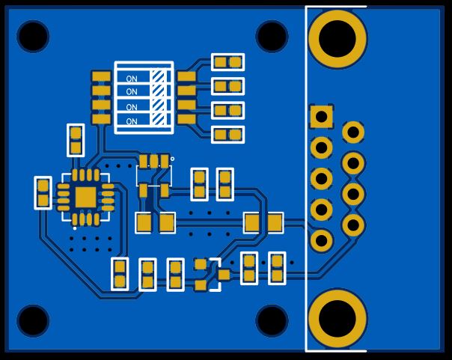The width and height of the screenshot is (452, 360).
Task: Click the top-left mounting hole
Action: (x=33, y=37)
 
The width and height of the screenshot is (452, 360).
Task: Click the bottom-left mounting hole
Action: (x=33, y=320)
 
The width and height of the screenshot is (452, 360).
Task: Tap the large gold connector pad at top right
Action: (x=338, y=39)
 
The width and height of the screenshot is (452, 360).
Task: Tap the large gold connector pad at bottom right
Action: (x=338, y=319)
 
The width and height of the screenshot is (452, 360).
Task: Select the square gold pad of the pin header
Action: (x=322, y=117)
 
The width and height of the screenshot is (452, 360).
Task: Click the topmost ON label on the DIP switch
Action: (x=132, y=79)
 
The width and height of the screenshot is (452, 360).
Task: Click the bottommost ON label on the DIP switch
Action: (x=132, y=121)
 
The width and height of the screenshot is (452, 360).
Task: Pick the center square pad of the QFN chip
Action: (x=85, y=197)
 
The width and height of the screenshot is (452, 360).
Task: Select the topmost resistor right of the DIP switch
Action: (x=228, y=62)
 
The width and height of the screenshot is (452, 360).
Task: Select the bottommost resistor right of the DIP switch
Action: (x=228, y=135)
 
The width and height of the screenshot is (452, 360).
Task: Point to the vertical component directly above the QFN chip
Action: (x=76, y=141)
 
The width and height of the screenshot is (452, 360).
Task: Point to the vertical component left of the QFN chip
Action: (x=43, y=193)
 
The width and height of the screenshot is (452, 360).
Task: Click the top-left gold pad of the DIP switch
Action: (x=101, y=76)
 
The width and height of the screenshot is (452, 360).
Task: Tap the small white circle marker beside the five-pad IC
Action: (x=172, y=159)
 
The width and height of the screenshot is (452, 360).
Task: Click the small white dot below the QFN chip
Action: (x=75, y=228)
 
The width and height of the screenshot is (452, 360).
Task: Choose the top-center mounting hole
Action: (x=272, y=37)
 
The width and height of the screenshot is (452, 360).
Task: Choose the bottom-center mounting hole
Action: (x=272, y=320)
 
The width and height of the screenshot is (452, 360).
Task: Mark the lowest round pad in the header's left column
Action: (x=322, y=241)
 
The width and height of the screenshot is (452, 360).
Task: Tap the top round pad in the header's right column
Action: (x=353, y=132)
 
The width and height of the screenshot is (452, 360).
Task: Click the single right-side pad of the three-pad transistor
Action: (x=224, y=275)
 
